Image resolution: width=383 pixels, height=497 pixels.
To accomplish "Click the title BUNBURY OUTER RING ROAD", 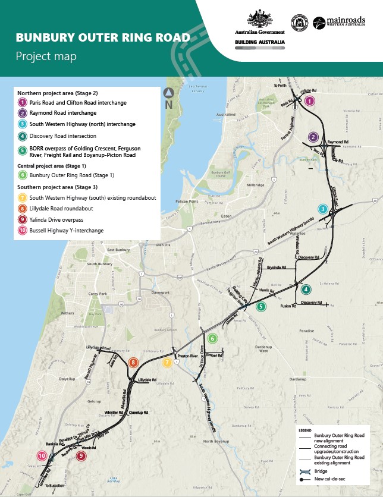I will [103, 38].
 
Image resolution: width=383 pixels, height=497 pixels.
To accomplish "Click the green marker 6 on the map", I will [213, 338].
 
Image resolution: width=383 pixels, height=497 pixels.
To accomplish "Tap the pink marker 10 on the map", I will [42, 456].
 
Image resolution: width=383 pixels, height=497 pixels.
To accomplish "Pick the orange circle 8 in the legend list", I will [22, 209].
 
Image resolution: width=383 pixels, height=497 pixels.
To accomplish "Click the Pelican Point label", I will [186, 202].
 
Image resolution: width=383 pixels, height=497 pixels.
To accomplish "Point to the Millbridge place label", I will [255, 185].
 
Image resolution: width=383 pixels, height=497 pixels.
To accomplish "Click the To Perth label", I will [280, 86].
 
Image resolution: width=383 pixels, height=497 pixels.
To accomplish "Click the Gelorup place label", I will [95, 401].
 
